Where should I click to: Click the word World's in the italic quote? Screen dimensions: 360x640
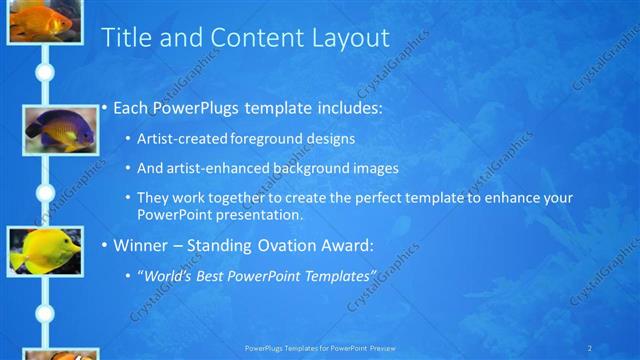click(x=168, y=275)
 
